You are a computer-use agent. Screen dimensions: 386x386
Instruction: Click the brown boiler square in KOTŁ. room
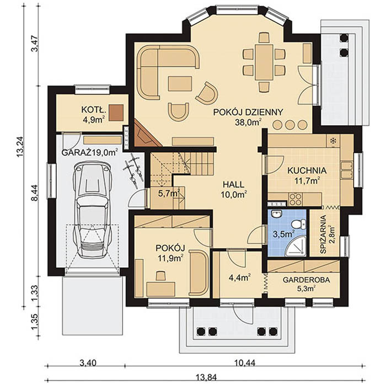coord(116,112)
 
